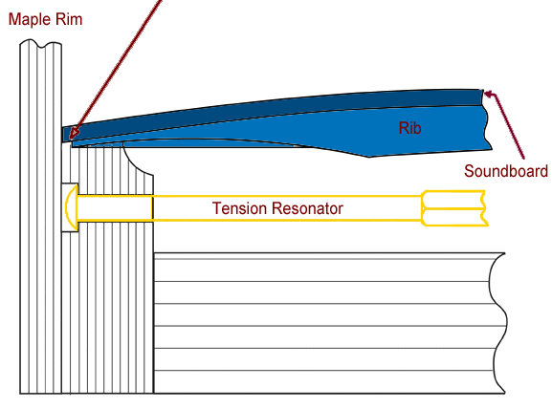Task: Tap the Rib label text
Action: pos(409,128)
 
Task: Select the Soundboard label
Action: pos(506,171)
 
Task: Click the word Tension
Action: pos(239,208)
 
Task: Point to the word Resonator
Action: pos(307,208)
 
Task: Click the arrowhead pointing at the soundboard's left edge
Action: pos(75,133)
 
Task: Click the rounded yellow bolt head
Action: pos(72,207)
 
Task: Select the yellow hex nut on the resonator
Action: pos(454,208)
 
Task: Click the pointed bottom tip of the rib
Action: pos(369,157)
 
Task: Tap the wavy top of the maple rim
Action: pos(41,43)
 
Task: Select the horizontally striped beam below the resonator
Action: pos(330,323)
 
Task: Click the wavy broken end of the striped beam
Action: pos(497,323)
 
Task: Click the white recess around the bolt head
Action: pos(70,207)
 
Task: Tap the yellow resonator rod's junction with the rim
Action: pos(152,207)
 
